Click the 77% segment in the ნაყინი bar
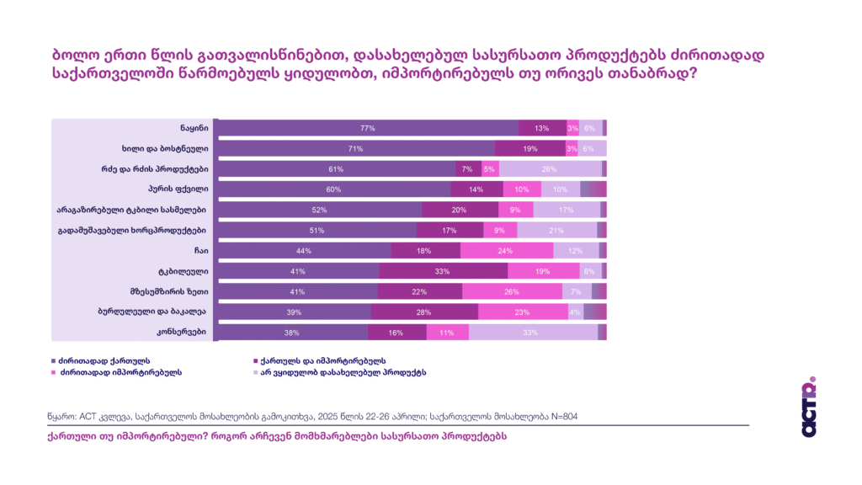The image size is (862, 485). (368, 128)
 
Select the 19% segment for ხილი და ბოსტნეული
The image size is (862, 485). (529, 148)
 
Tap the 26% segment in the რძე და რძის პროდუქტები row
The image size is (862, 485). (550, 168)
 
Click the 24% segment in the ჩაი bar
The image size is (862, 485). (506, 251)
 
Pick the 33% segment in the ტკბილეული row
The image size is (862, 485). (443, 271)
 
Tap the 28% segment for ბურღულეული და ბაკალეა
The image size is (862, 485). (424, 312)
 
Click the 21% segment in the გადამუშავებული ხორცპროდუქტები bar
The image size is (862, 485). (556, 230)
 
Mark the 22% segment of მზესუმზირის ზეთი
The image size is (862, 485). (419, 291)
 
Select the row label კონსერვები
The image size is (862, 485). (186, 332)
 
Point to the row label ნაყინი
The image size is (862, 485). (193, 127)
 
